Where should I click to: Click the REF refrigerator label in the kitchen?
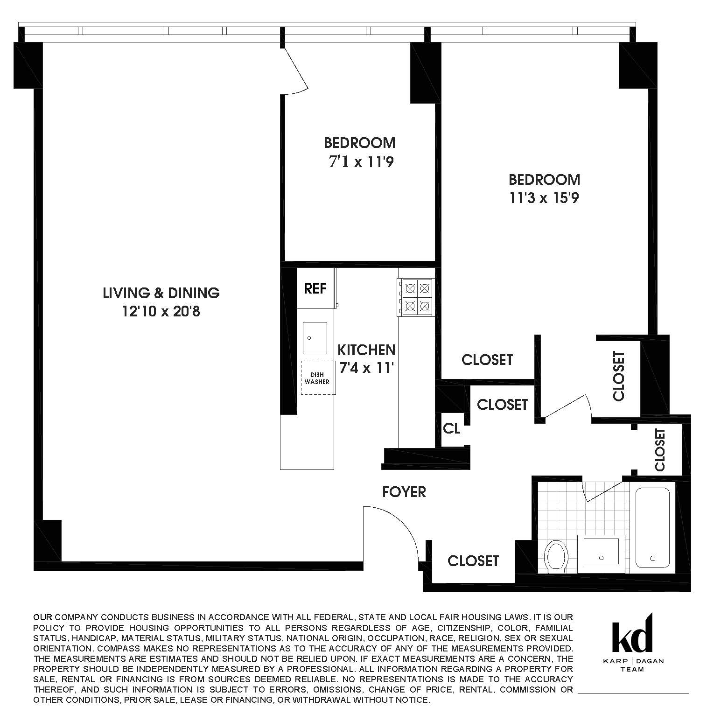point(315,288)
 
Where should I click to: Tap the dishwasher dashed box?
point(318,378)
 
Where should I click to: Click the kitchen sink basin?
point(314,338)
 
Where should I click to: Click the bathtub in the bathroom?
point(652,527)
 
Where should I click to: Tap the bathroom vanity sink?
point(601,554)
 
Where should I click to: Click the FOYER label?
point(404,492)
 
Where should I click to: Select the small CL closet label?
point(451,428)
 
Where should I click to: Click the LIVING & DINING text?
point(161,293)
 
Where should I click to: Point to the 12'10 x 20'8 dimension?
point(161,311)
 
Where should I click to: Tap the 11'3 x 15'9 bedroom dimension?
point(544,198)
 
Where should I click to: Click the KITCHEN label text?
point(366,350)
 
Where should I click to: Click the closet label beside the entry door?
point(473,560)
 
